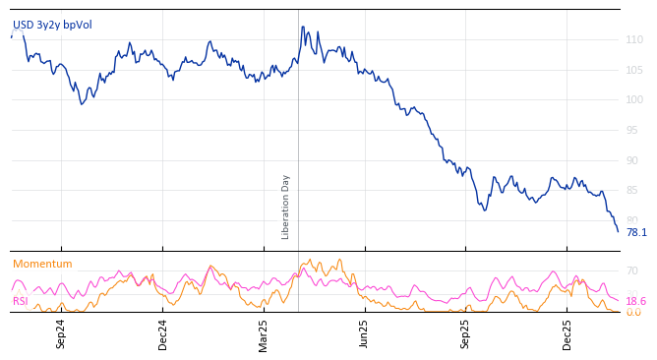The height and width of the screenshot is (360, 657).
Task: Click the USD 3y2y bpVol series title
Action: (51, 25)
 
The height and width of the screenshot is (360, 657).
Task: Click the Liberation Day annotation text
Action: (286, 207)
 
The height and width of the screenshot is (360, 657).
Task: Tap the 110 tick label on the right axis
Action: (634, 39)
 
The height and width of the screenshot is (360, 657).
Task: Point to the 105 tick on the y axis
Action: (634, 70)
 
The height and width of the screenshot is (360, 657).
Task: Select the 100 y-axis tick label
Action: (634, 99)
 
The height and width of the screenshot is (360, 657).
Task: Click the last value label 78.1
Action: (636, 233)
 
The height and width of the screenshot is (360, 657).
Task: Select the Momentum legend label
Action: (42, 264)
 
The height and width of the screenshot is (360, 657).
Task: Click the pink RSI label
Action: (21, 301)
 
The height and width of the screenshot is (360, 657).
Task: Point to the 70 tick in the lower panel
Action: (631, 270)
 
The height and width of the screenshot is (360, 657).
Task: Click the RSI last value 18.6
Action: (636, 301)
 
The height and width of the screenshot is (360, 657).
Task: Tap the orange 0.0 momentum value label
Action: (633, 313)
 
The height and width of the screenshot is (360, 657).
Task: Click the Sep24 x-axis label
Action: (61, 334)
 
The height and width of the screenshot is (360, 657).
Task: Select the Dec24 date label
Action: (162, 334)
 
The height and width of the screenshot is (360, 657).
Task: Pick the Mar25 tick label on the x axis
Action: (264, 334)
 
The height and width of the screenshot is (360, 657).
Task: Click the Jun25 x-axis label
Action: (364, 334)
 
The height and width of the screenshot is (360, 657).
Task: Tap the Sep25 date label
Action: (465, 334)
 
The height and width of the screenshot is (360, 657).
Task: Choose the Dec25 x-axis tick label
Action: (567, 334)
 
